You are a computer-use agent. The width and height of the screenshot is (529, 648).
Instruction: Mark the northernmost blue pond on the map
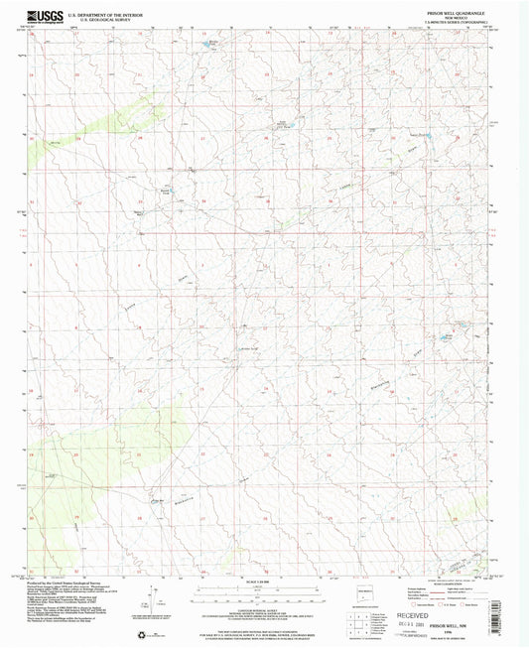pyautogui.click(x=211, y=42)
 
